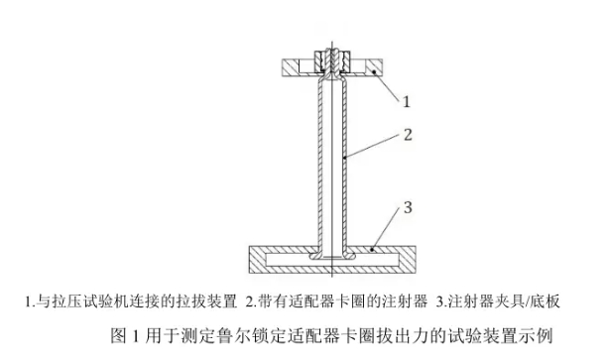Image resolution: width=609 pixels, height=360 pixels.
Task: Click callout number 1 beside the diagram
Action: click(406, 100)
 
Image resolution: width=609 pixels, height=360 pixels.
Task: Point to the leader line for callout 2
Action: click(371, 146)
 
